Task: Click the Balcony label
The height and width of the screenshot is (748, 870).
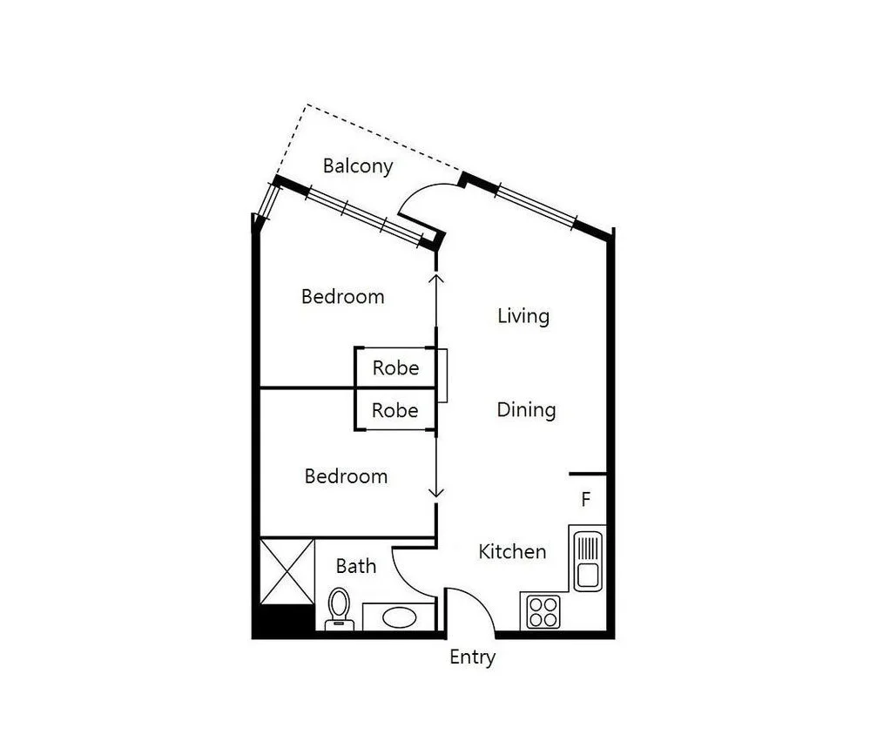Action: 357,165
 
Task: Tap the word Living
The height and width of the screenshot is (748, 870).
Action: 523,315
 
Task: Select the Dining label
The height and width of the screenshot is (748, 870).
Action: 526,409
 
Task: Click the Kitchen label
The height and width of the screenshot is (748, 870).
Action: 512,551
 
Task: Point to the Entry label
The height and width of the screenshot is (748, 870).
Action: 472,657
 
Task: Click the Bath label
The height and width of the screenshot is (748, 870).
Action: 356,566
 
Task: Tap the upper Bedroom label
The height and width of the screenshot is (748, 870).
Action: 342,296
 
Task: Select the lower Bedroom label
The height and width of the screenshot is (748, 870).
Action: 346,476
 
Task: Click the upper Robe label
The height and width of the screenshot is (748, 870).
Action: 395,367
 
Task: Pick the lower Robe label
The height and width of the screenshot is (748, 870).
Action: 395,410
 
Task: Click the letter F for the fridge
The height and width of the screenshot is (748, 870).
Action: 586,500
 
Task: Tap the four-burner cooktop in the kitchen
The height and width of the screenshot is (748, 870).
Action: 543,610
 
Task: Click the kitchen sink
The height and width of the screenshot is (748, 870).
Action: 587,557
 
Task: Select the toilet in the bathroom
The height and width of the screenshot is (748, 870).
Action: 338,608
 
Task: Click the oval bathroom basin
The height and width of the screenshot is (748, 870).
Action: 399,617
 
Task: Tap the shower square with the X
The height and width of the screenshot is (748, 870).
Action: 287,570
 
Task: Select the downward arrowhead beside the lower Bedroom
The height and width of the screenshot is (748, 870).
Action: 437,493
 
